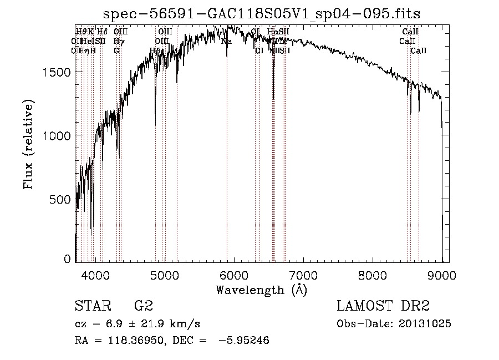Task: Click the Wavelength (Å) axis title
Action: (261, 290)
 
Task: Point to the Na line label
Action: (226, 41)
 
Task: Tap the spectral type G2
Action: (143, 306)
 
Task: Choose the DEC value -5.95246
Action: (243, 341)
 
